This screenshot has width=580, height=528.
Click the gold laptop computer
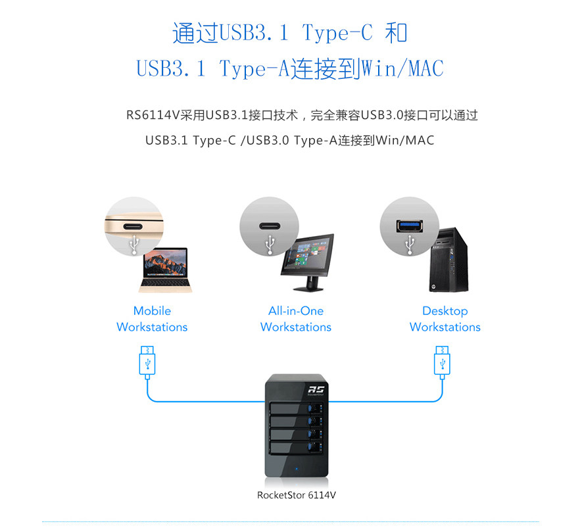pos(163,269)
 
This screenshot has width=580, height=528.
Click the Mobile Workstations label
pos(152,319)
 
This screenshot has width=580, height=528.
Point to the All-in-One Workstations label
pos(296,319)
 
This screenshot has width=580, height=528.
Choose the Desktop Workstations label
pos(445,319)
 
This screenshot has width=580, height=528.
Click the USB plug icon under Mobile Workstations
pos(147,361)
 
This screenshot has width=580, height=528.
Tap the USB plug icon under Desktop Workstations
pos(441,361)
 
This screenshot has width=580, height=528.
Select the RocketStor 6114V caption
pos(301,495)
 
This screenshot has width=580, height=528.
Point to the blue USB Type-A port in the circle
pos(409,226)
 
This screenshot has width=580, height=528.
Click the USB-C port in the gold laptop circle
pos(134,226)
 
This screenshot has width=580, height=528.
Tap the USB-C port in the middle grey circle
pos(269,226)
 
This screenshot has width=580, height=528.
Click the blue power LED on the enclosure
pos(297,469)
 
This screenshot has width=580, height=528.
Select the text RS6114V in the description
pos(151,116)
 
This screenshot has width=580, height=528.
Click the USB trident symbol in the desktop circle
pos(409,244)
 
